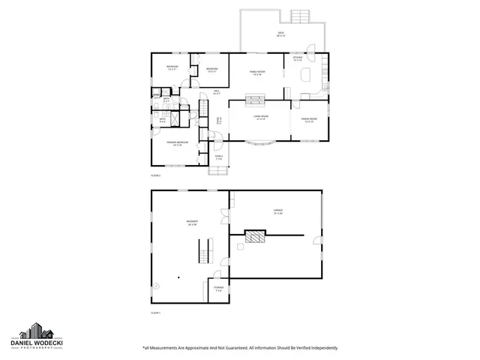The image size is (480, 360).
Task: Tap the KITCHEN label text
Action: click(x=298, y=58)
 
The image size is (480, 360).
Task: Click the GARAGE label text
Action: click(x=277, y=213)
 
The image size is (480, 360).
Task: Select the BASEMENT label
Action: click(x=192, y=222)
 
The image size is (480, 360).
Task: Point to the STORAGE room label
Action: click(x=218, y=289)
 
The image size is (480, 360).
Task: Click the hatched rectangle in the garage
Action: click(x=256, y=238)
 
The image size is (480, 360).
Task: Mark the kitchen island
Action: click(x=308, y=74)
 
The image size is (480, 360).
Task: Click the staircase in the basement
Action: click(x=205, y=249)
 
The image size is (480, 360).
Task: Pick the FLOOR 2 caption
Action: click(x=156, y=175)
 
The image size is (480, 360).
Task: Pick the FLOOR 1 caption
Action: click(x=156, y=312)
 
